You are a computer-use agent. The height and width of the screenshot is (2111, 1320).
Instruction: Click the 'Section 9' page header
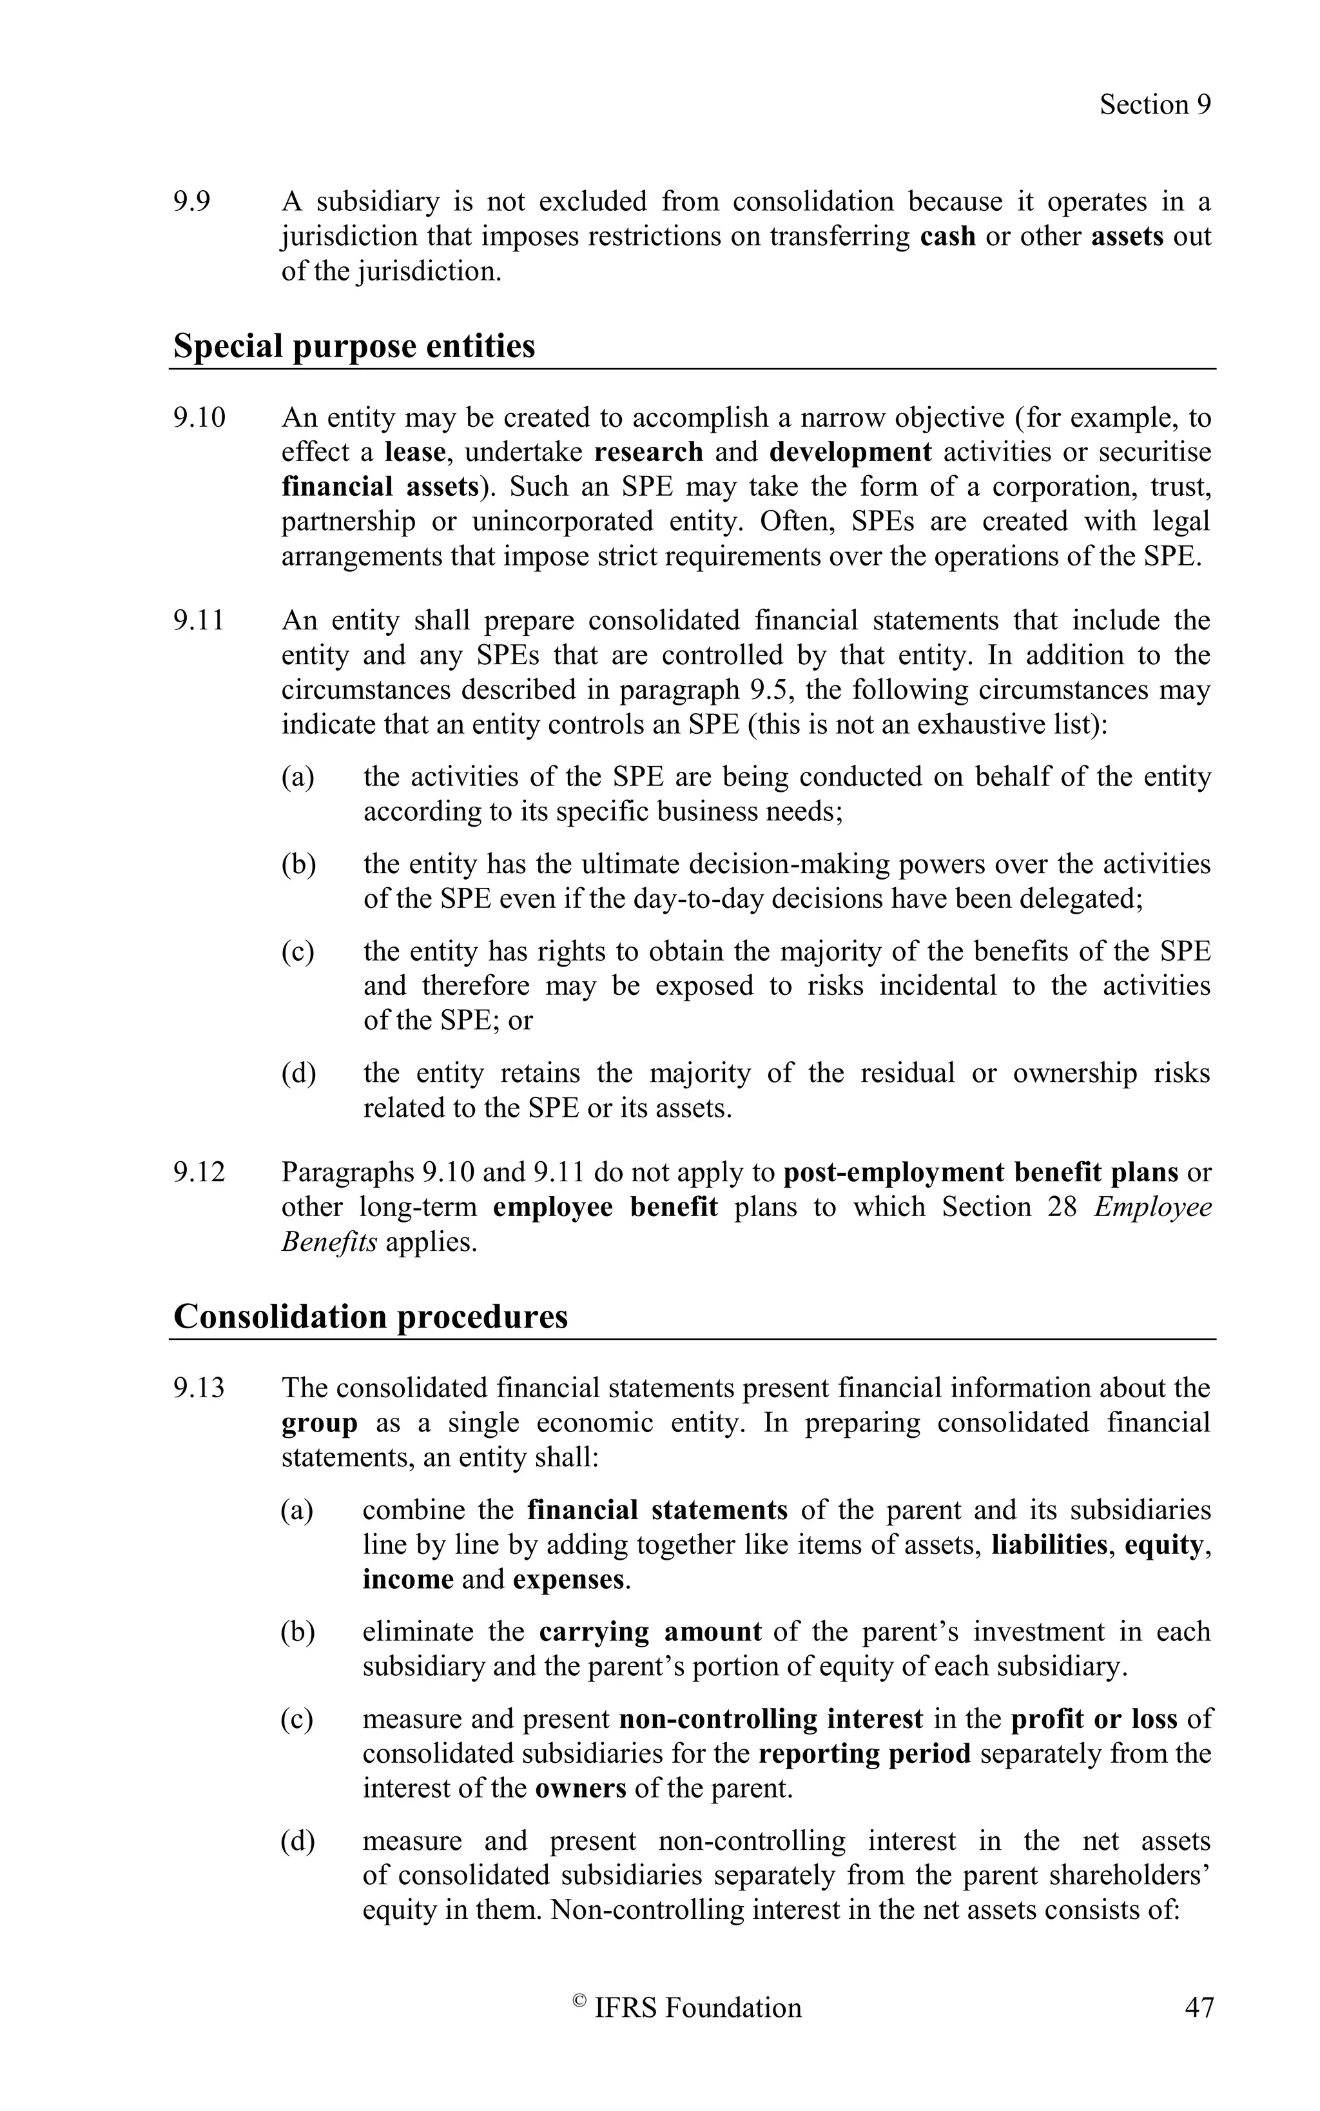click(1154, 105)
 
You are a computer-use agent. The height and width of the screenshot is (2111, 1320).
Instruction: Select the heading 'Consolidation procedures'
click(370, 1315)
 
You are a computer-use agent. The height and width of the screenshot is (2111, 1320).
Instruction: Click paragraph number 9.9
click(191, 202)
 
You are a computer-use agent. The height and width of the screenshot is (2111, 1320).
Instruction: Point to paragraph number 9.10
click(198, 417)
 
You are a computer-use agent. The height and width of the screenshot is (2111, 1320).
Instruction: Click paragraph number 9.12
click(198, 1172)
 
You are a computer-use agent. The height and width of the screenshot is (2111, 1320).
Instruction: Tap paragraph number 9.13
click(198, 1388)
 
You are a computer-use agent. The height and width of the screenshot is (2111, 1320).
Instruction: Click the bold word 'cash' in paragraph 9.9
click(947, 237)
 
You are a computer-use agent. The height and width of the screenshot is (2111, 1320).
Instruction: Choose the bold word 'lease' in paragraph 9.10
click(414, 453)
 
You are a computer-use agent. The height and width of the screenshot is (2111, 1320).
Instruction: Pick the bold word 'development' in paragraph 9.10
click(850, 453)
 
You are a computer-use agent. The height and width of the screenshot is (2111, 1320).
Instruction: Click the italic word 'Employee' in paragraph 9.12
click(1152, 1207)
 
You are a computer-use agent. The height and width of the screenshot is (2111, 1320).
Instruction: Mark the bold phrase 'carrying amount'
click(650, 1631)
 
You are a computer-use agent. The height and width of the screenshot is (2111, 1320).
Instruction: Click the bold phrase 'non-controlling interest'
click(770, 1719)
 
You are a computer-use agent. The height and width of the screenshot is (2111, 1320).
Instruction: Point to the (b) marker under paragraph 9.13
click(298, 1631)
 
